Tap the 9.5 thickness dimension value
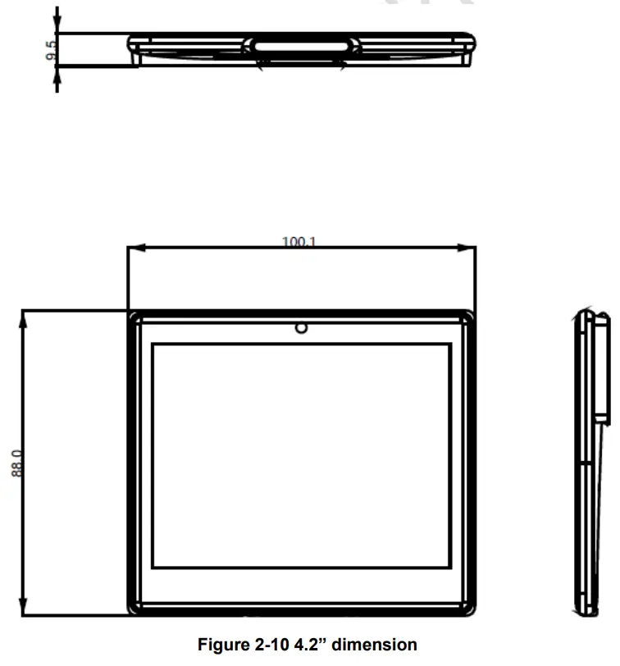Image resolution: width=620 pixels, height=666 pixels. coord(51,52)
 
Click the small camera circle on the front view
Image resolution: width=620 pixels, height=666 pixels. coord(302,328)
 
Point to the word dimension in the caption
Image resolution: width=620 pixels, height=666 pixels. coord(377,645)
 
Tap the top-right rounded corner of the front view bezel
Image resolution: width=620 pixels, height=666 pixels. coord(468,317)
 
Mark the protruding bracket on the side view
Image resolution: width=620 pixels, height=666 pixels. coord(603,369)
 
